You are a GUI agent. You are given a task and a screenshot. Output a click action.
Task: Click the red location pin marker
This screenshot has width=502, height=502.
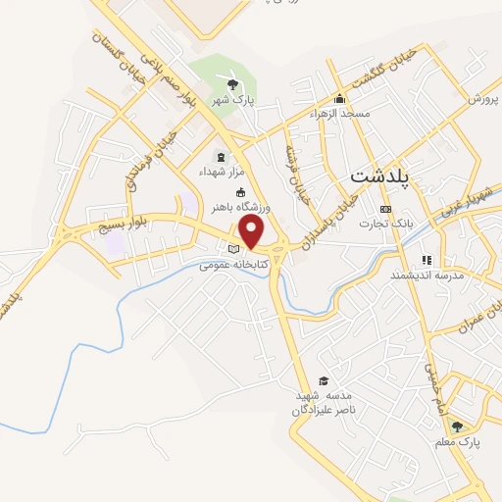point(253,231)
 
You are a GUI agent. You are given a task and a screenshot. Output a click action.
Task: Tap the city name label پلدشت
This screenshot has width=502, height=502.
point(381,177)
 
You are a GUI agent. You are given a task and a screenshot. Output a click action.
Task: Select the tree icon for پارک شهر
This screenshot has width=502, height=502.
point(233,82)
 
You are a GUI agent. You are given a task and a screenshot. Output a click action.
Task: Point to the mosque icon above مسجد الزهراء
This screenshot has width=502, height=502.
point(339,98)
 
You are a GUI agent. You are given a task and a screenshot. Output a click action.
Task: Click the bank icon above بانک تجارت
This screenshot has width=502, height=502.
point(384,209)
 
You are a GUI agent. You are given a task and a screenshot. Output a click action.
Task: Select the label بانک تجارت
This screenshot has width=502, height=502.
point(384,224)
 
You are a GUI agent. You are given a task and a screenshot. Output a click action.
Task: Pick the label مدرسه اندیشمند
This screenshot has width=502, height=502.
point(425,276)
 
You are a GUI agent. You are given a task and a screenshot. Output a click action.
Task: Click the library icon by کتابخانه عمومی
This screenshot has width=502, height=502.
point(232,249)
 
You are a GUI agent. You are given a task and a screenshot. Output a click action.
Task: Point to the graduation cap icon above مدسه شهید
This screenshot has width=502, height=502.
point(324,380)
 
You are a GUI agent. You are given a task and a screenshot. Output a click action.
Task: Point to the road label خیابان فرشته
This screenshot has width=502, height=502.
point(295,171)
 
